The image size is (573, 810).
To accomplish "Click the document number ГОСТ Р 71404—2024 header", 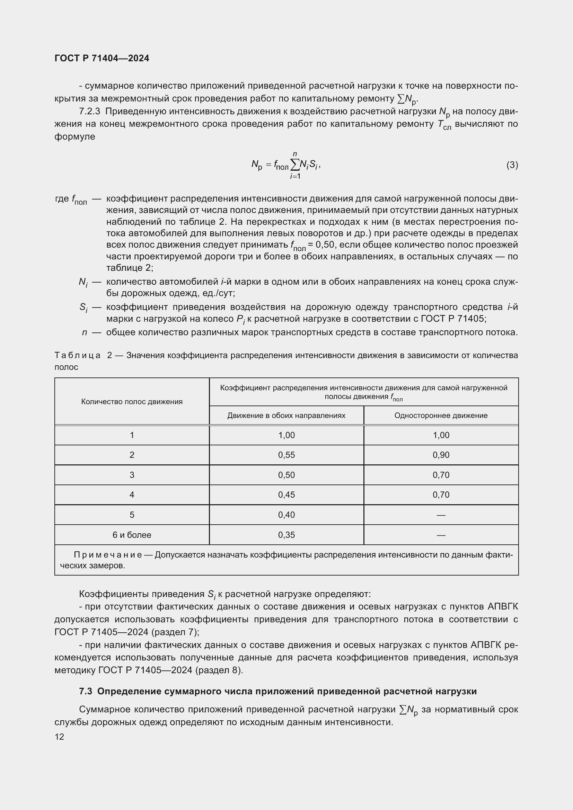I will (x=102, y=58).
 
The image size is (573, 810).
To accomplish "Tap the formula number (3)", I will (x=512, y=165).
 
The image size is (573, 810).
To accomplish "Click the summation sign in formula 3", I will (x=294, y=164).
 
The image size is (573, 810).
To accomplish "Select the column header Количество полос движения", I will (x=132, y=401).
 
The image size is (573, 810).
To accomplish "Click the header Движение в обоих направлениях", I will (x=286, y=416).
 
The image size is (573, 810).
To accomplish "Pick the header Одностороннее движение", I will (x=441, y=416).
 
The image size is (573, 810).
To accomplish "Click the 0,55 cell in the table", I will (x=286, y=455).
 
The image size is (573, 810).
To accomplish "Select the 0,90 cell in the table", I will (x=441, y=455).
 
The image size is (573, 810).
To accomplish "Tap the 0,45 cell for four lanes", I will (x=286, y=495).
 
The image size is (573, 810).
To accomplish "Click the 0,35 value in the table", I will (x=286, y=535).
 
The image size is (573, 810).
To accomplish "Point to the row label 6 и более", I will (x=132, y=535).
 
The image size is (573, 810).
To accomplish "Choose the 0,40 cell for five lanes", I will (x=286, y=515).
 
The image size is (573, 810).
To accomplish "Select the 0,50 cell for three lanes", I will (x=286, y=475).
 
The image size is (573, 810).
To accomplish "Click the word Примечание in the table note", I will (x=108, y=555).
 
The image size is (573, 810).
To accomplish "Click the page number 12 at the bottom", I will (x=59, y=737).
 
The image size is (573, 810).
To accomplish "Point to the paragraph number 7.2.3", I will (x=90, y=112).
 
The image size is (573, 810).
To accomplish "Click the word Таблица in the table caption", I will (x=77, y=355).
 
